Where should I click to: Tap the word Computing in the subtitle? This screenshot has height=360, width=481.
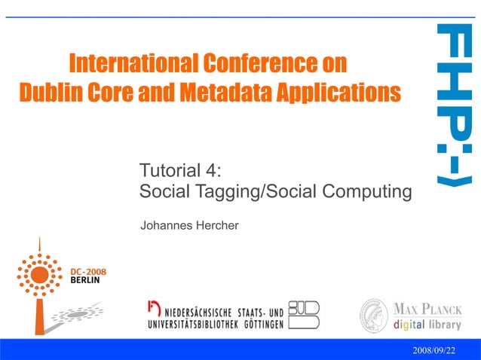(367, 192)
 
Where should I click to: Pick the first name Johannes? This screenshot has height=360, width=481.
(165, 225)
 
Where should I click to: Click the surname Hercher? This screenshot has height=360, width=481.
(216, 225)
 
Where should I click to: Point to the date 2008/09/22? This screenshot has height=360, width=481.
(434, 351)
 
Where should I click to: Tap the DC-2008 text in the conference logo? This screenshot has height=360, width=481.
(88, 271)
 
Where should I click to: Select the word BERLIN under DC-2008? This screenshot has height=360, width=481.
(84, 279)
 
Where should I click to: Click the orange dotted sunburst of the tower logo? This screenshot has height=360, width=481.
(38, 275)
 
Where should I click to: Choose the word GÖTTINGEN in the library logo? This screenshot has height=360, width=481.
(259, 325)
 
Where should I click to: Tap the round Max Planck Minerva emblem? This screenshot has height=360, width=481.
(374, 315)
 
